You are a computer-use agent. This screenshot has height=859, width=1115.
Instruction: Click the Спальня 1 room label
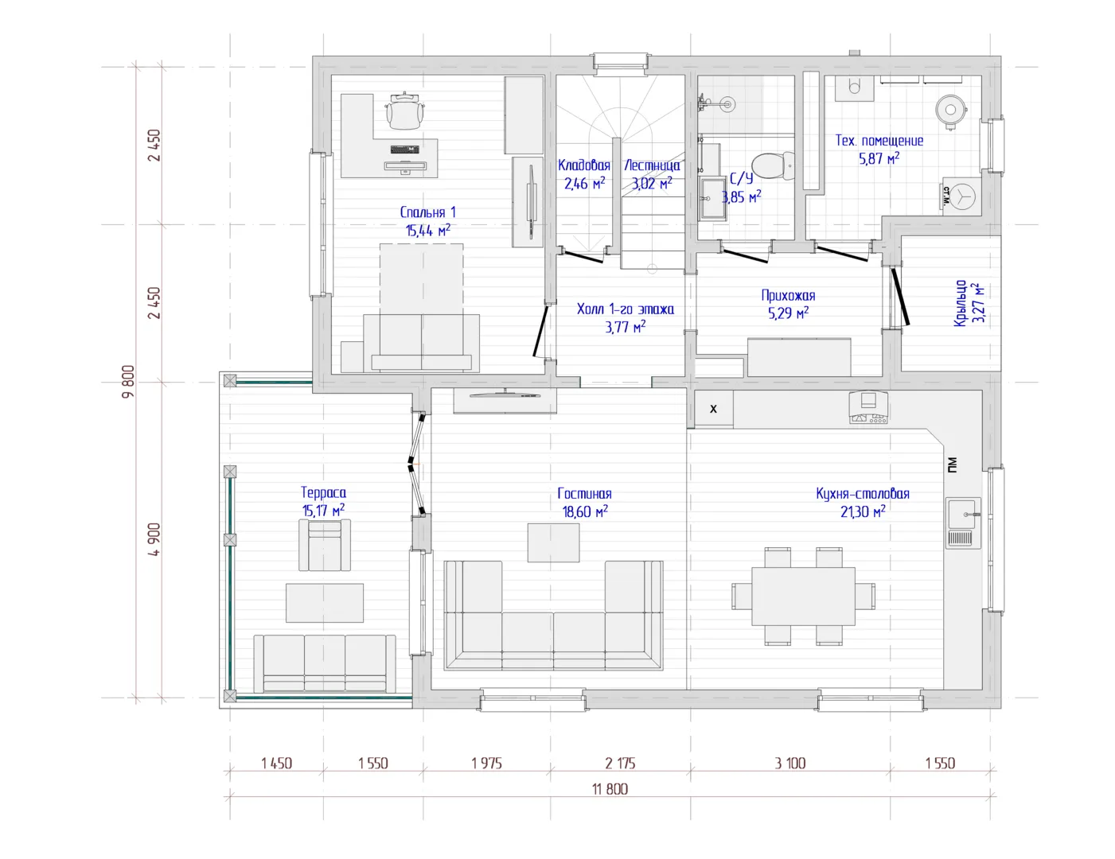427,212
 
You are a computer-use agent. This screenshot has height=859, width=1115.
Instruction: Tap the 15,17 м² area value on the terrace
323,511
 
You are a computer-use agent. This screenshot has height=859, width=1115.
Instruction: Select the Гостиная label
584,494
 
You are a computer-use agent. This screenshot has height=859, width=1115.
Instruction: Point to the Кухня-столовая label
863,494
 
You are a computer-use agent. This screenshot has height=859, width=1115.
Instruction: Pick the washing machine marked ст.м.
961,196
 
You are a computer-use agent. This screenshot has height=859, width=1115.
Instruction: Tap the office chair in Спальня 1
405,111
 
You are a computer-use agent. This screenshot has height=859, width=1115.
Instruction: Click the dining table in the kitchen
803,596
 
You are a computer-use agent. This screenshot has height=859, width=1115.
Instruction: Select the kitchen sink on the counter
964,522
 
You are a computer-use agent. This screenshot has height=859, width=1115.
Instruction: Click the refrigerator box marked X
714,409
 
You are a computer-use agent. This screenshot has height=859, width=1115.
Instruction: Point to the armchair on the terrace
325,545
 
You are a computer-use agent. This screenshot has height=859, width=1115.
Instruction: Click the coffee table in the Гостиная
554,542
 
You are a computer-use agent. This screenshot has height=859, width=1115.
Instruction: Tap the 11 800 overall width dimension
610,789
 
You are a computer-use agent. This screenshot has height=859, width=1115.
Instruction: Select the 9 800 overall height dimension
128,382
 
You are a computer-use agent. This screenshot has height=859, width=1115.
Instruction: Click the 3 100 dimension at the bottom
790,764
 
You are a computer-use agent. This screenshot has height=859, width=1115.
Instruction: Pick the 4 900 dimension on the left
154,539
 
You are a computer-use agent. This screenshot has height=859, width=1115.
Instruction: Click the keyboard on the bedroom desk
405,150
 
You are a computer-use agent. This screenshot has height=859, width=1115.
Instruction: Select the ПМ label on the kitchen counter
952,464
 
